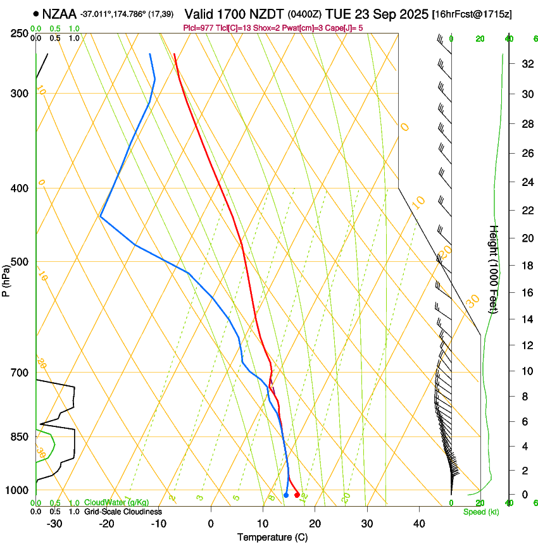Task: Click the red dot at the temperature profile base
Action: click(297, 495)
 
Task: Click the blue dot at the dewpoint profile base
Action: click(286, 495)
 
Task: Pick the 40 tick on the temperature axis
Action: click(419, 523)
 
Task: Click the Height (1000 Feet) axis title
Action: click(494, 269)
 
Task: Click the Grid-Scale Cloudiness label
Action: click(123, 511)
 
